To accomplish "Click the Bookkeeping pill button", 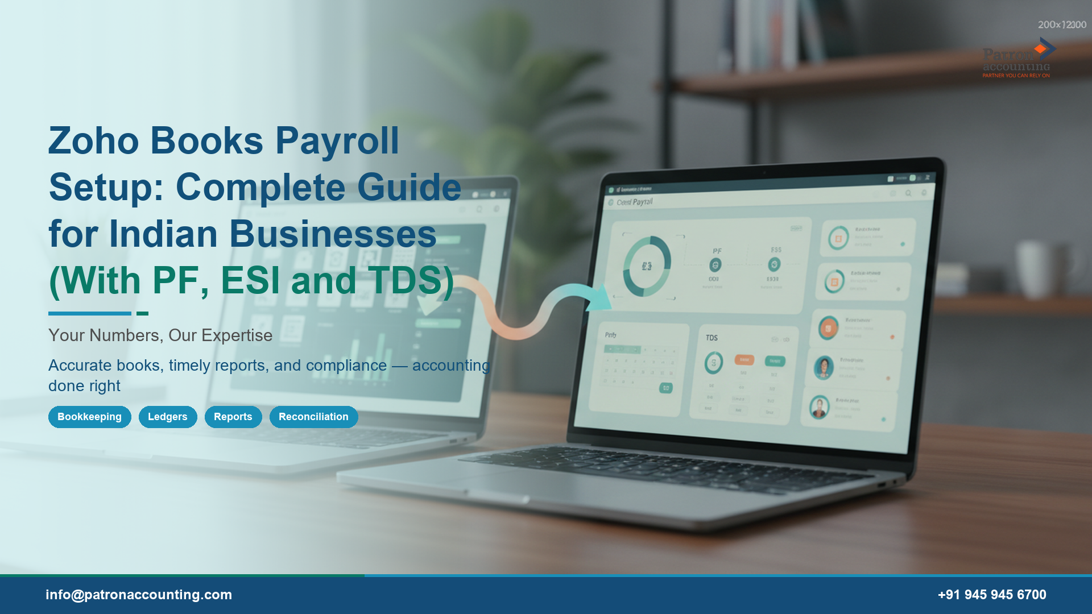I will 89,417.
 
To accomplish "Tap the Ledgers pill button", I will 167,417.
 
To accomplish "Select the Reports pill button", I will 233,417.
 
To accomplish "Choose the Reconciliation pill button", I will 313,417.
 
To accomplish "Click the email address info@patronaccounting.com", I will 139,595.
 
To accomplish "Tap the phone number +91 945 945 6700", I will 992,595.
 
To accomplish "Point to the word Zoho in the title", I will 93,141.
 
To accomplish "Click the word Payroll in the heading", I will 337,141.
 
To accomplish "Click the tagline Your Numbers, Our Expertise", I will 160,335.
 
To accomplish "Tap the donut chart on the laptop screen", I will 647,266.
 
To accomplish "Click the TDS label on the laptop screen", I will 712,338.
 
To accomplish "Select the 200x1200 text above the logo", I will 1062,25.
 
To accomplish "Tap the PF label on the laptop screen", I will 717,251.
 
